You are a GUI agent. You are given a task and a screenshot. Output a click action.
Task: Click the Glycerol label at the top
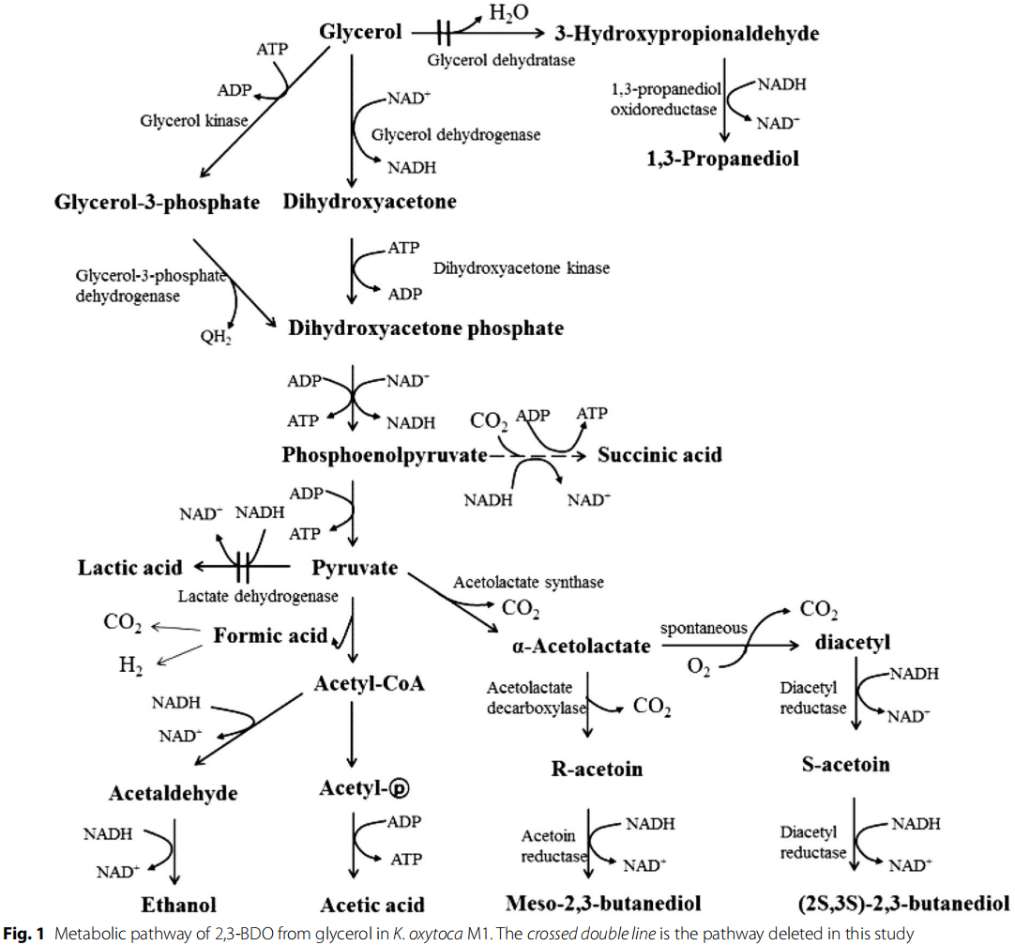pyautogui.click(x=360, y=32)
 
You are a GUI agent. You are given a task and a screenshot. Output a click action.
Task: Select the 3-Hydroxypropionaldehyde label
pyautogui.click(x=687, y=34)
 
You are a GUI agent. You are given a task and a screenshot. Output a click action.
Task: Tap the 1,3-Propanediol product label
pyautogui.click(x=723, y=159)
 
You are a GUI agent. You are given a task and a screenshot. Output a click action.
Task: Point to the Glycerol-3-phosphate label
pyautogui.click(x=157, y=203)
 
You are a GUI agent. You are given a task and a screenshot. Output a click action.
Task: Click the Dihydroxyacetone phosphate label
pyautogui.click(x=426, y=328)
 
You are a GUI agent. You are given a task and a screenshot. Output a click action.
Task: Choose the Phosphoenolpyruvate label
pyautogui.click(x=385, y=455)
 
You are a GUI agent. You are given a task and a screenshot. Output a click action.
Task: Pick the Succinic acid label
pyautogui.click(x=659, y=455)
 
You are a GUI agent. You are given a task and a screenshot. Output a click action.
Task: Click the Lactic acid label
pyautogui.click(x=129, y=568)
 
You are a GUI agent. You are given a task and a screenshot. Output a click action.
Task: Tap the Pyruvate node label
pyautogui.click(x=355, y=568)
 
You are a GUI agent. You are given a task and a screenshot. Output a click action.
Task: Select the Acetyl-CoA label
pyautogui.click(x=369, y=683)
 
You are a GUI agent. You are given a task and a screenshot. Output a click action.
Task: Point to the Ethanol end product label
pyautogui.click(x=179, y=906)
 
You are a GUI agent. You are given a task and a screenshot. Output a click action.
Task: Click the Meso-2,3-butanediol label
pyautogui.click(x=603, y=904)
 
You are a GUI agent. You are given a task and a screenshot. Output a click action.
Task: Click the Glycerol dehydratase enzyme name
pyautogui.click(x=501, y=60)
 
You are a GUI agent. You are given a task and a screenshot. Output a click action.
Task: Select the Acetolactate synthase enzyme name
pyautogui.click(x=528, y=583)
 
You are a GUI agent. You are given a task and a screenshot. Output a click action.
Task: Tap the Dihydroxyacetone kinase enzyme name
pyautogui.click(x=521, y=268)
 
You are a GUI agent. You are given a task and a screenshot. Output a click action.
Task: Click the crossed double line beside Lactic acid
pyautogui.click(x=243, y=567)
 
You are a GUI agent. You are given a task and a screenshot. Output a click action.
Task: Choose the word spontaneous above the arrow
pyautogui.click(x=704, y=626)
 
